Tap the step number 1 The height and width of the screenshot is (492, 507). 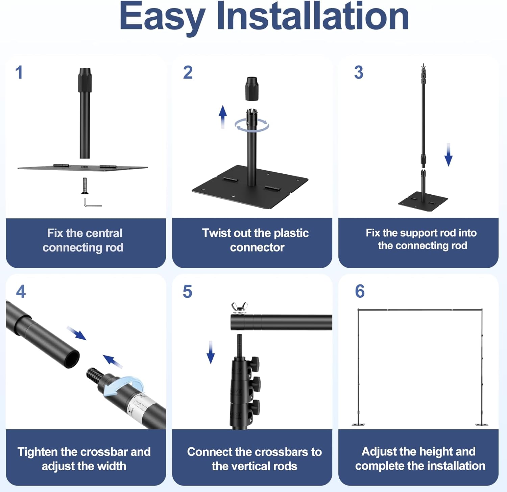coord(19,72)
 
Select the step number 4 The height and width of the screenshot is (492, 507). coord(21,292)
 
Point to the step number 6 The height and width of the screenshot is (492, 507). coord(360,291)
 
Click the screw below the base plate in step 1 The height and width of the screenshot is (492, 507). coord(84,186)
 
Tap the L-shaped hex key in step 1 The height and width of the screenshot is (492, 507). coord(92,203)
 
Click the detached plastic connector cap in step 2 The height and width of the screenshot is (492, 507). coord(252,89)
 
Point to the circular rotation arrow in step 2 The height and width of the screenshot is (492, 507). coord(252,125)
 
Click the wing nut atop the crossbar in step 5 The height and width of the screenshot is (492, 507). coord(239,308)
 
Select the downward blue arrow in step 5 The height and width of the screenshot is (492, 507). coord(211,352)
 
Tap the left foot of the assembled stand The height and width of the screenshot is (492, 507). coord(358,424)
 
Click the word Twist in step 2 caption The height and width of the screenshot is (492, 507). coord(217,233)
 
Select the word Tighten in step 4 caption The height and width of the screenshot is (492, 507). coord(38,452)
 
